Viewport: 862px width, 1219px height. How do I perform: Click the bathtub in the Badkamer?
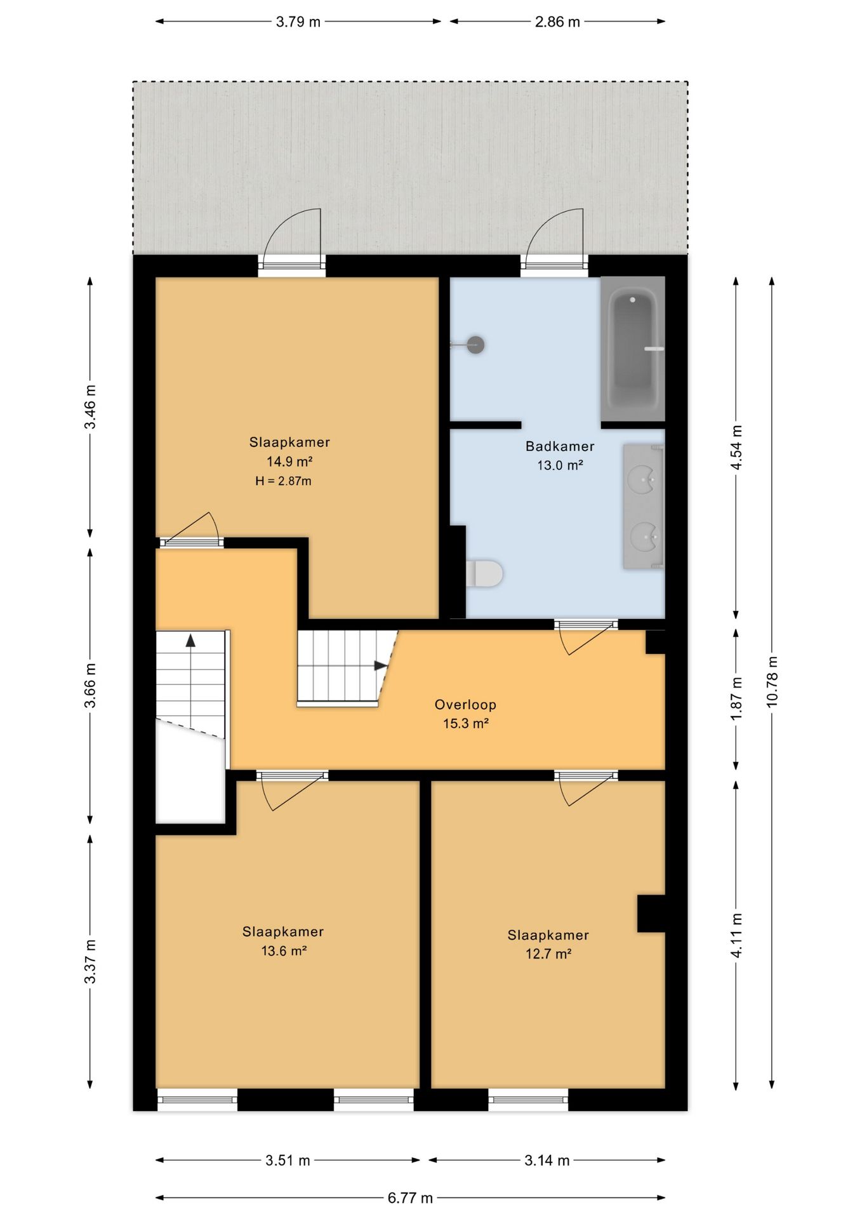click(x=633, y=349)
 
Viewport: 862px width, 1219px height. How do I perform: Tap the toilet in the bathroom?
click(x=484, y=574)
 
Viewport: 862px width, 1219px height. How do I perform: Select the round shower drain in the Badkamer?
click(x=475, y=345)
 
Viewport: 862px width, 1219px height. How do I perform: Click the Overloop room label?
click(x=465, y=704)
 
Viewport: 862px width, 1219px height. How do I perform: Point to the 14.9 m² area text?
click(x=289, y=462)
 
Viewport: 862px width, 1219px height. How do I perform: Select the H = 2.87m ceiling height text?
click(x=283, y=481)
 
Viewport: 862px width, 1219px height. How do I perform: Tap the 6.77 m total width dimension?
click(x=410, y=1198)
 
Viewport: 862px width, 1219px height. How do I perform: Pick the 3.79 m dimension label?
click(x=298, y=22)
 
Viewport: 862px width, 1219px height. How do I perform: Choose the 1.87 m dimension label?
click(x=736, y=698)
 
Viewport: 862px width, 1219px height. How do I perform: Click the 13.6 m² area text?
click(x=284, y=951)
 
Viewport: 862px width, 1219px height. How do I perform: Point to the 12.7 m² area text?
click(x=548, y=954)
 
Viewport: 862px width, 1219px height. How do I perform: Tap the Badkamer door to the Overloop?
click(x=586, y=637)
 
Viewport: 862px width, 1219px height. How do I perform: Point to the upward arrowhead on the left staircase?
click(x=190, y=640)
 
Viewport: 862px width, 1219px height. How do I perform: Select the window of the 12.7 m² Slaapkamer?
click(x=528, y=1100)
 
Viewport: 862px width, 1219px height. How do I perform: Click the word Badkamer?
click(x=560, y=446)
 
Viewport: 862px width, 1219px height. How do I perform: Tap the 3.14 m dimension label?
click(x=547, y=1161)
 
